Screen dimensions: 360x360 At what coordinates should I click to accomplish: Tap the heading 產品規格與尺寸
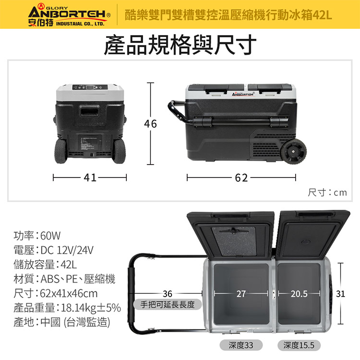(180, 44)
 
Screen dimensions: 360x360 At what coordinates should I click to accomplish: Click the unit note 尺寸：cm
(327, 192)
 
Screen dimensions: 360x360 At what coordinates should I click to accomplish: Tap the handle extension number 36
(168, 293)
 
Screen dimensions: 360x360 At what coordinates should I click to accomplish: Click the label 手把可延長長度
(168, 304)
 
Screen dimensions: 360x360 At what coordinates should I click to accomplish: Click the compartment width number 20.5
(299, 293)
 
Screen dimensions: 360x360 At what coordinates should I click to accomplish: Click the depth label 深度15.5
(299, 345)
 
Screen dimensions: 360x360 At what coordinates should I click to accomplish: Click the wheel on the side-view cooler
(293, 152)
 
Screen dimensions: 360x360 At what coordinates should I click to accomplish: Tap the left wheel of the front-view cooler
(62, 151)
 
